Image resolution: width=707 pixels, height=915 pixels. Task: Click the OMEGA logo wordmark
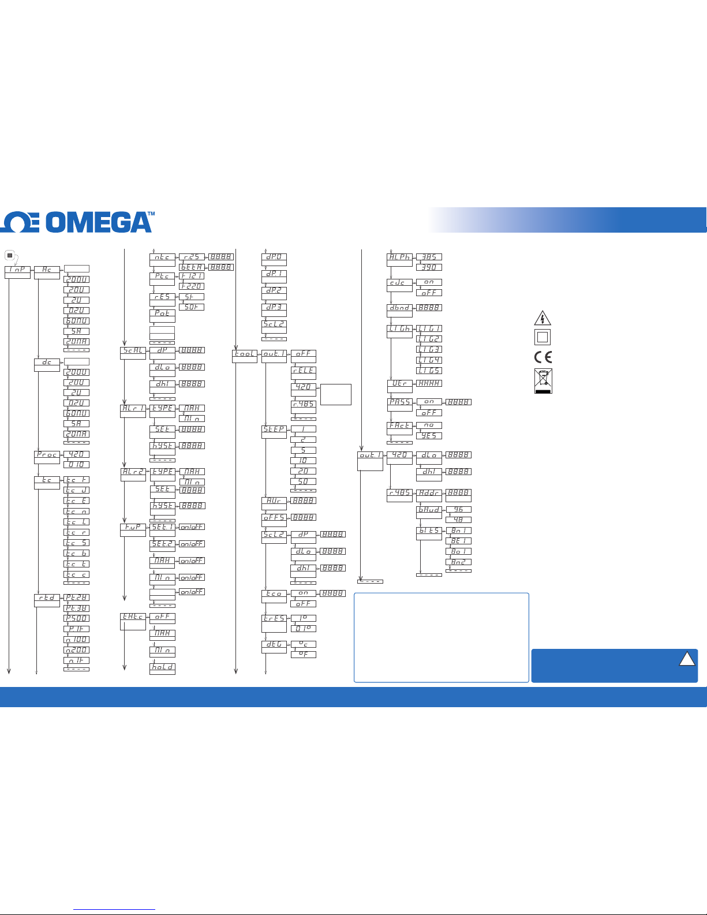tap(78, 222)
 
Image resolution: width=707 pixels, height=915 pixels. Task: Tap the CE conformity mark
tap(543, 357)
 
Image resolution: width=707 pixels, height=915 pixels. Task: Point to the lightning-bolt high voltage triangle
tap(543, 318)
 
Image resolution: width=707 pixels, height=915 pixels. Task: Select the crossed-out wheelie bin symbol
tap(543, 380)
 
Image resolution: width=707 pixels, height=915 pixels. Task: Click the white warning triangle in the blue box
tap(687, 659)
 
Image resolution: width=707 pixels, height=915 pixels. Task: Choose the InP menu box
tap(17, 270)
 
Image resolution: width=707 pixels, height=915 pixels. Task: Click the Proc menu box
tap(47, 454)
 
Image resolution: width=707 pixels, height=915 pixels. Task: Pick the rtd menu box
tap(47, 598)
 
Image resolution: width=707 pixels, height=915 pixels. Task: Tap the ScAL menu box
tap(133, 350)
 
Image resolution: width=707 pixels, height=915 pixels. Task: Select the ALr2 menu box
tap(133, 472)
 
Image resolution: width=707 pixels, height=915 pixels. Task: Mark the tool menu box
tap(245, 353)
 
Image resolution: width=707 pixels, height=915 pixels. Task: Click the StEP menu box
tap(274, 430)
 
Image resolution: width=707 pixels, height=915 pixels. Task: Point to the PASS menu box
tap(399, 402)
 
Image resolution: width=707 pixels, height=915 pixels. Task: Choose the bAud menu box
tap(429, 510)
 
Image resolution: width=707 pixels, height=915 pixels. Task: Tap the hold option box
tap(162, 667)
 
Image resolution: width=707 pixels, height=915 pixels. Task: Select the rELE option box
tap(303, 371)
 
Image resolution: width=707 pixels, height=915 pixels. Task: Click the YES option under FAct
tap(429, 436)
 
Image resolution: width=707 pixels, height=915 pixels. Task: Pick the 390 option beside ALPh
tap(429, 267)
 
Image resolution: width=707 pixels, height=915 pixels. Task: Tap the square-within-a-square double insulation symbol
tap(543, 337)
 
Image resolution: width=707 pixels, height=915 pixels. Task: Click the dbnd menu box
tap(399, 308)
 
